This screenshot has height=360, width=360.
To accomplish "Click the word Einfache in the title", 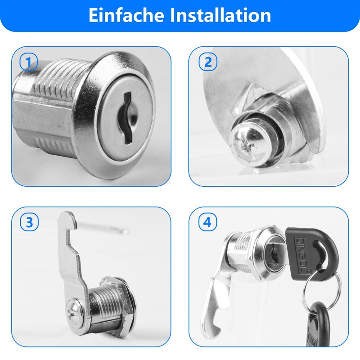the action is pyautogui.click(x=126, y=15).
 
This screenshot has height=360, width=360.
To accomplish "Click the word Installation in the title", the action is pyautogui.click(x=220, y=15).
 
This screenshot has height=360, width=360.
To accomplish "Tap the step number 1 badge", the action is pyautogui.click(x=28, y=62).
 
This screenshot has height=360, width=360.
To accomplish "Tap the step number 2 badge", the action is pyautogui.click(x=208, y=62).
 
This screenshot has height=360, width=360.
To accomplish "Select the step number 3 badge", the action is pyautogui.click(x=29, y=222).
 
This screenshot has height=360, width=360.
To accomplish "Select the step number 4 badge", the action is pyautogui.click(x=207, y=222).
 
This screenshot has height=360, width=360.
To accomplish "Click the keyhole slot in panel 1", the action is pyautogui.click(x=126, y=118).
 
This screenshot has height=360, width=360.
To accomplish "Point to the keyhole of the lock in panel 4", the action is pyautogui.click(x=274, y=254).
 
